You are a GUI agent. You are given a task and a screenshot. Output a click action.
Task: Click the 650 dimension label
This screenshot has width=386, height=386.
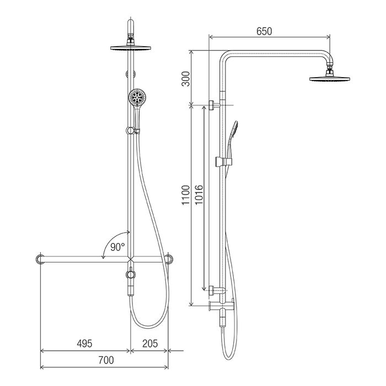(x=264, y=31)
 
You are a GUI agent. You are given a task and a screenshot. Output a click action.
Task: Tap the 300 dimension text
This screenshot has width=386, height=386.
(x=186, y=79)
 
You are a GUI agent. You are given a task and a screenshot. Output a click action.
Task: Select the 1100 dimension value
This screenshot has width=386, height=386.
(x=186, y=195)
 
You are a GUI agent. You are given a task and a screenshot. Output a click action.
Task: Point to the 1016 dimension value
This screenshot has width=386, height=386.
(x=199, y=195)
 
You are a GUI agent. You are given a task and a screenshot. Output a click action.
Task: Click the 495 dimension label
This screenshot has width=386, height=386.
(x=84, y=344)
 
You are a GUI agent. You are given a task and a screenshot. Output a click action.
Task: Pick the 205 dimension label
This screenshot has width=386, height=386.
(x=150, y=344)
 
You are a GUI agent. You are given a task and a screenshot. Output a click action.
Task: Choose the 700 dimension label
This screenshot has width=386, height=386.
(x=106, y=360)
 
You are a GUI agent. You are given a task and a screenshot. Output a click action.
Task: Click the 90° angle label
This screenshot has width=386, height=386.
(x=117, y=247)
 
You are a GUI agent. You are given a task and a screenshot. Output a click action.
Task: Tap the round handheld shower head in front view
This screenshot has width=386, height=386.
(x=137, y=97)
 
